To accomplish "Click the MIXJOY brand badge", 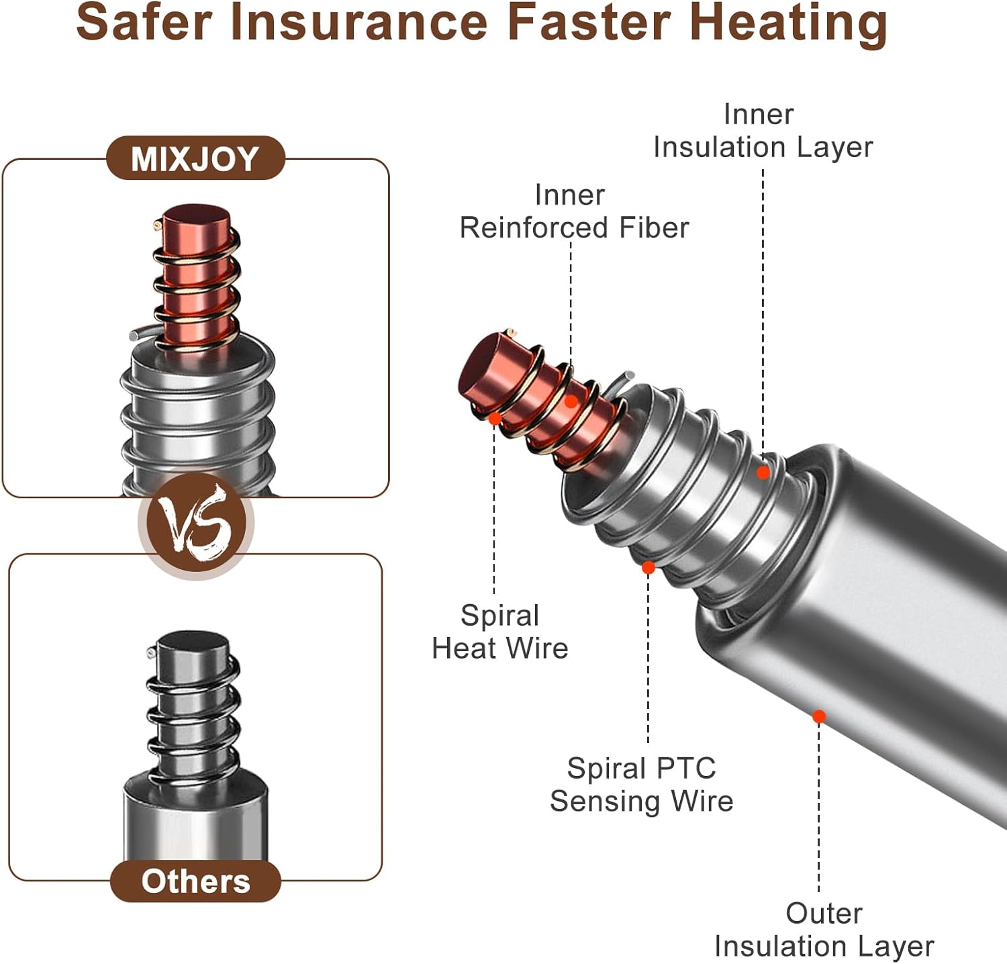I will click(195, 158).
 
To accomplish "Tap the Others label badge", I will click(195, 881).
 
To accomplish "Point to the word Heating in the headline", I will click(788, 24).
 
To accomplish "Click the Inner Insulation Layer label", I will click(762, 131).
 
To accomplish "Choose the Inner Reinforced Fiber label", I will click(573, 211).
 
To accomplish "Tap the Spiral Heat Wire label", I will click(499, 632).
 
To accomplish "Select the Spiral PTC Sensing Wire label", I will click(641, 785).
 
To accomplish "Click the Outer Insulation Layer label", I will click(823, 930).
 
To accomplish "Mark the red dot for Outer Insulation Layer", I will click(818, 716).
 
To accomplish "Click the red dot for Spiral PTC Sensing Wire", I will click(648, 568).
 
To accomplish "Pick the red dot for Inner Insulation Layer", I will click(763, 473).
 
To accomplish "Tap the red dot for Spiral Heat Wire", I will click(495, 418).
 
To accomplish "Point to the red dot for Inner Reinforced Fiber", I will click(571, 401).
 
